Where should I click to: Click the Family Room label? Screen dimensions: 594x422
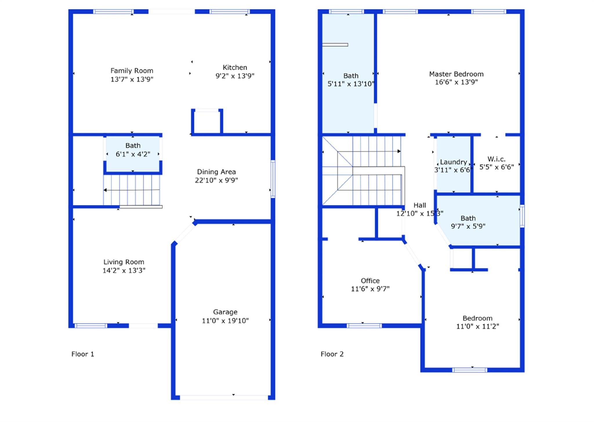(132, 71)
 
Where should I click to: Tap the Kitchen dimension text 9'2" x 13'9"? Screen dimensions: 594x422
(235, 76)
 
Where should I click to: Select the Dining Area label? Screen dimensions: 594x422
(216, 172)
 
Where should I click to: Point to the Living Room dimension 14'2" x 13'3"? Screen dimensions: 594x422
(124, 270)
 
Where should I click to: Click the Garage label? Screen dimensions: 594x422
(225, 312)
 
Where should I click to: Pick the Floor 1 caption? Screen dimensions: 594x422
(83, 354)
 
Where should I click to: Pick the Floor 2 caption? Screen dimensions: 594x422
(332, 354)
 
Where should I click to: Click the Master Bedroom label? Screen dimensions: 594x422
(456, 74)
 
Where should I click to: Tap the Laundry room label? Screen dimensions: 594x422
(454, 162)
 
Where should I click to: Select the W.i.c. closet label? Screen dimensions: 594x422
(497, 159)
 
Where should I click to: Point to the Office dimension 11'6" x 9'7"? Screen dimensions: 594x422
(370, 289)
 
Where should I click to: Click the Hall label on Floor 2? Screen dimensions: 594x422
(420, 205)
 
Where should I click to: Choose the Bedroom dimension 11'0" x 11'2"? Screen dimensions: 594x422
(478, 326)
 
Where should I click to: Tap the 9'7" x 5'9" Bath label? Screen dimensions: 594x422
(468, 218)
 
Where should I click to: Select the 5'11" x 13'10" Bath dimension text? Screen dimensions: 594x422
(351, 84)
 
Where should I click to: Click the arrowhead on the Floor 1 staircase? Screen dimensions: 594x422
(105, 190)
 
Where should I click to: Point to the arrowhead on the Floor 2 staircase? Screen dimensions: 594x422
(399, 151)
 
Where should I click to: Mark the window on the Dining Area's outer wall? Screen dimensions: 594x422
(273, 179)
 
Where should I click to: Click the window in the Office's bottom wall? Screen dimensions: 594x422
(364, 326)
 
